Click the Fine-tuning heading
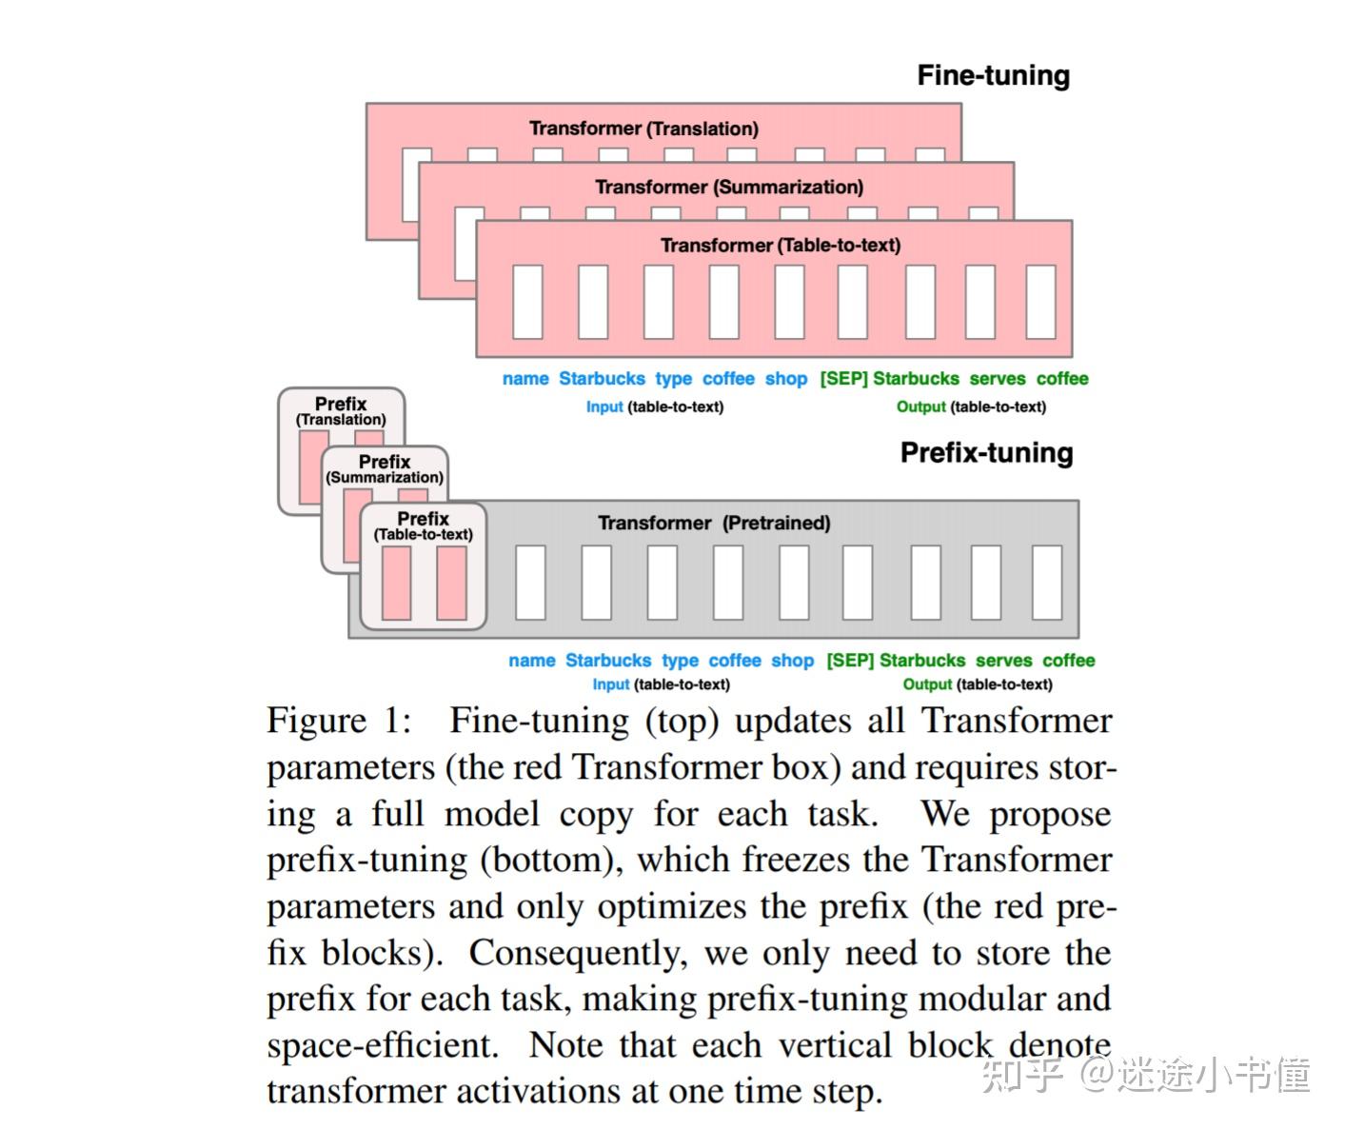click(x=993, y=76)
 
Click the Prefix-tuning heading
click(x=986, y=453)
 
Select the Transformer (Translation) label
click(x=643, y=129)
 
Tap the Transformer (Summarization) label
click(x=729, y=187)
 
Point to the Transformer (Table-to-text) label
click(x=781, y=246)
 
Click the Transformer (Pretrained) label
click(x=714, y=523)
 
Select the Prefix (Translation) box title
click(x=341, y=410)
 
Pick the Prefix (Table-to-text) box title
click(x=423, y=525)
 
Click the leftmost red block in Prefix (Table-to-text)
click(x=396, y=583)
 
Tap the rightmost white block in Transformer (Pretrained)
click(x=1047, y=583)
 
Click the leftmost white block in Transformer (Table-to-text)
click(x=527, y=302)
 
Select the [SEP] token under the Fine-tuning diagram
click(x=843, y=379)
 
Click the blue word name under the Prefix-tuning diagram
click(x=531, y=661)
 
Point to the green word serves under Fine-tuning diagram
click(x=998, y=379)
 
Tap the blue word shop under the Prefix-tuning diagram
click(x=792, y=661)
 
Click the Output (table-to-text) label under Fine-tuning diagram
click(x=971, y=407)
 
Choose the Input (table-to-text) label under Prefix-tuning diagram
click(x=661, y=684)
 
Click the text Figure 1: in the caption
click(x=339, y=721)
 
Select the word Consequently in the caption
click(x=577, y=954)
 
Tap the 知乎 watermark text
click(x=1020, y=1074)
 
